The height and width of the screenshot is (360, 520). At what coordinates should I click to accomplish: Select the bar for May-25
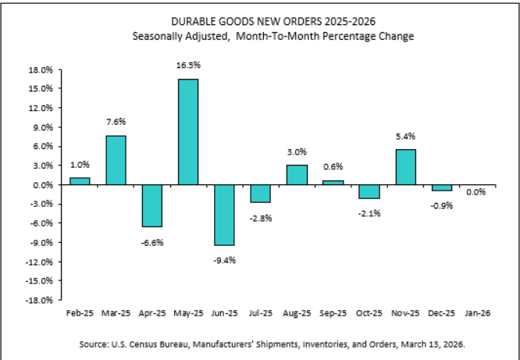(188, 132)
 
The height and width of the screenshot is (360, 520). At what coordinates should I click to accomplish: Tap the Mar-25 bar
(116, 160)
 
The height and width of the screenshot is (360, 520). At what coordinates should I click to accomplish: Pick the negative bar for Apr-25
(152, 205)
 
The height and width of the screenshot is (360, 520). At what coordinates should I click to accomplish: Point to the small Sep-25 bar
(333, 183)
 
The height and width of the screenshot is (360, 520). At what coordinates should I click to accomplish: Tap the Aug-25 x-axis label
(297, 312)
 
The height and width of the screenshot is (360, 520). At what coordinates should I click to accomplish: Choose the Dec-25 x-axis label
(441, 312)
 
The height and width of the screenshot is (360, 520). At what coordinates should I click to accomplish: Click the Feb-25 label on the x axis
(80, 312)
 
